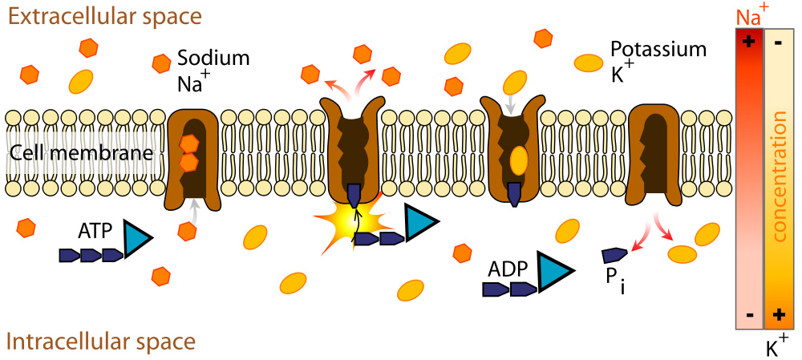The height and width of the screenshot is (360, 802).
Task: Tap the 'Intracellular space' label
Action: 101,342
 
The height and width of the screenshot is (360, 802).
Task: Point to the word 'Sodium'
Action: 213,59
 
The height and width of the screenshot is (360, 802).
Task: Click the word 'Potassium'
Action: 658,50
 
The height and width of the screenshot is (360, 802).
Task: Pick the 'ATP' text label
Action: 94,231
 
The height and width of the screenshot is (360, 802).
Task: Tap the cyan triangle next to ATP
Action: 137,237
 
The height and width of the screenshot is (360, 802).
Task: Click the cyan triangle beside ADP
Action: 553,271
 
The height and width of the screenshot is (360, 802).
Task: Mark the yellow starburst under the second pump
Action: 345,226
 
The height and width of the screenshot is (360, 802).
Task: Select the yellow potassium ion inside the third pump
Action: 519,160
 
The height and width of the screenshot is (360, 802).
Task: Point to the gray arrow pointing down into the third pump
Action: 509,103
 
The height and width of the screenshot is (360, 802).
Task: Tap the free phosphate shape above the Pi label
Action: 614,256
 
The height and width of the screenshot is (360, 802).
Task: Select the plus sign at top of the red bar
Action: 749,42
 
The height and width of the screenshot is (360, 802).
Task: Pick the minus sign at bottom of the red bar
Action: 749,315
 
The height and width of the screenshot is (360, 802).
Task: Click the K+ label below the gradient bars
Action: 776,347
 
